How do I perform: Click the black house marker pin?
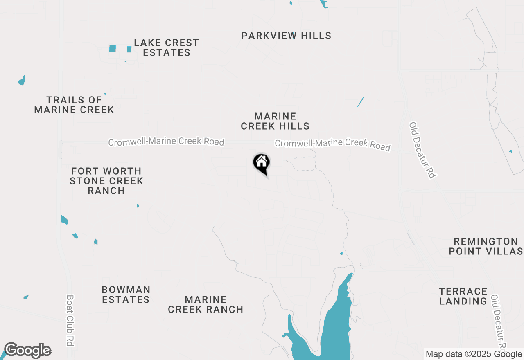click(x=262, y=163)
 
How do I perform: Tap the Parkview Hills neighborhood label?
click(x=286, y=36)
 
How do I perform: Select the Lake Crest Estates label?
click(x=167, y=47)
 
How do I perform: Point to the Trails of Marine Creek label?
click(x=74, y=105)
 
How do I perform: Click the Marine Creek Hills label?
click(x=275, y=121)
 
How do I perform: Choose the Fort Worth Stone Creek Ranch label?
click(x=106, y=181)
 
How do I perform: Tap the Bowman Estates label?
click(x=126, y=295)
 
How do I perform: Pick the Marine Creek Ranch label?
click(x=206, y=304)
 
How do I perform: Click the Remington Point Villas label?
click(x=486, y=246)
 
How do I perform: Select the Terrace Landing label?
click(x=463, y=296)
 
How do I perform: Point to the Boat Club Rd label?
click(x=70, y=321)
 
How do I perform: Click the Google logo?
click(x=28, y=351)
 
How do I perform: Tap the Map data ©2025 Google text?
click(x=474, y=354)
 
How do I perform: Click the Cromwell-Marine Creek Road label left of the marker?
click(x=166, y=142)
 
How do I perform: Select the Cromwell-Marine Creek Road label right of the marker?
click(x=332, y=144)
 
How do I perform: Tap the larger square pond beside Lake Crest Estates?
click(x=113, y=48)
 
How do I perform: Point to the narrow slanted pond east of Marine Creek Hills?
click(x=361, y=101)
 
